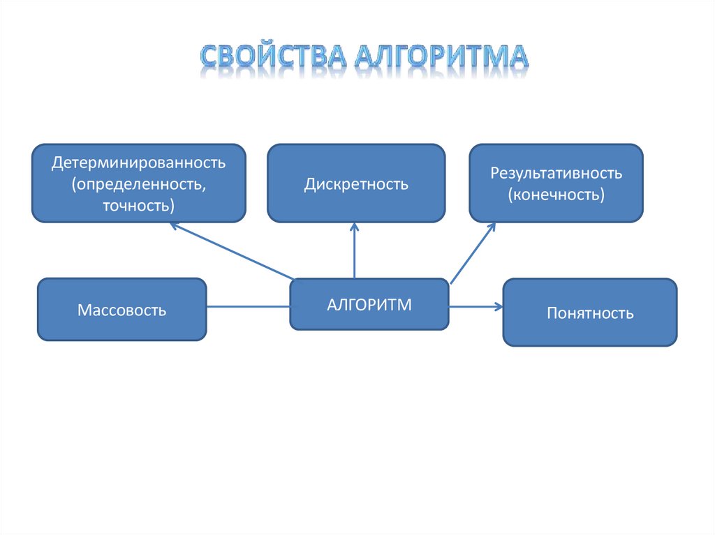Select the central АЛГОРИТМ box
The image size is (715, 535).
click(369, 304)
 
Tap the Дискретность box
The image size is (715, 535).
click(356, 183)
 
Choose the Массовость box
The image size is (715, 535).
click(122, 309)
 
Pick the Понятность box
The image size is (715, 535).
click(590, 312)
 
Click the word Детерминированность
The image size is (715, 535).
click(138, 163)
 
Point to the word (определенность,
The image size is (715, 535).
click(138, 184)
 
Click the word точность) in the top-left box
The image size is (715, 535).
click(138, 206)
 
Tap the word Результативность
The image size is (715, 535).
click(556, 172)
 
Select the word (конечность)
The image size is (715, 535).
click(556, 194)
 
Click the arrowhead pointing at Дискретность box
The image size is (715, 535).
click(354, 226)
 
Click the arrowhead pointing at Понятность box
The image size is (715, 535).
click(499, 306)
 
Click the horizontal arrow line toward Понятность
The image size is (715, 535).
click(473, 306)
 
